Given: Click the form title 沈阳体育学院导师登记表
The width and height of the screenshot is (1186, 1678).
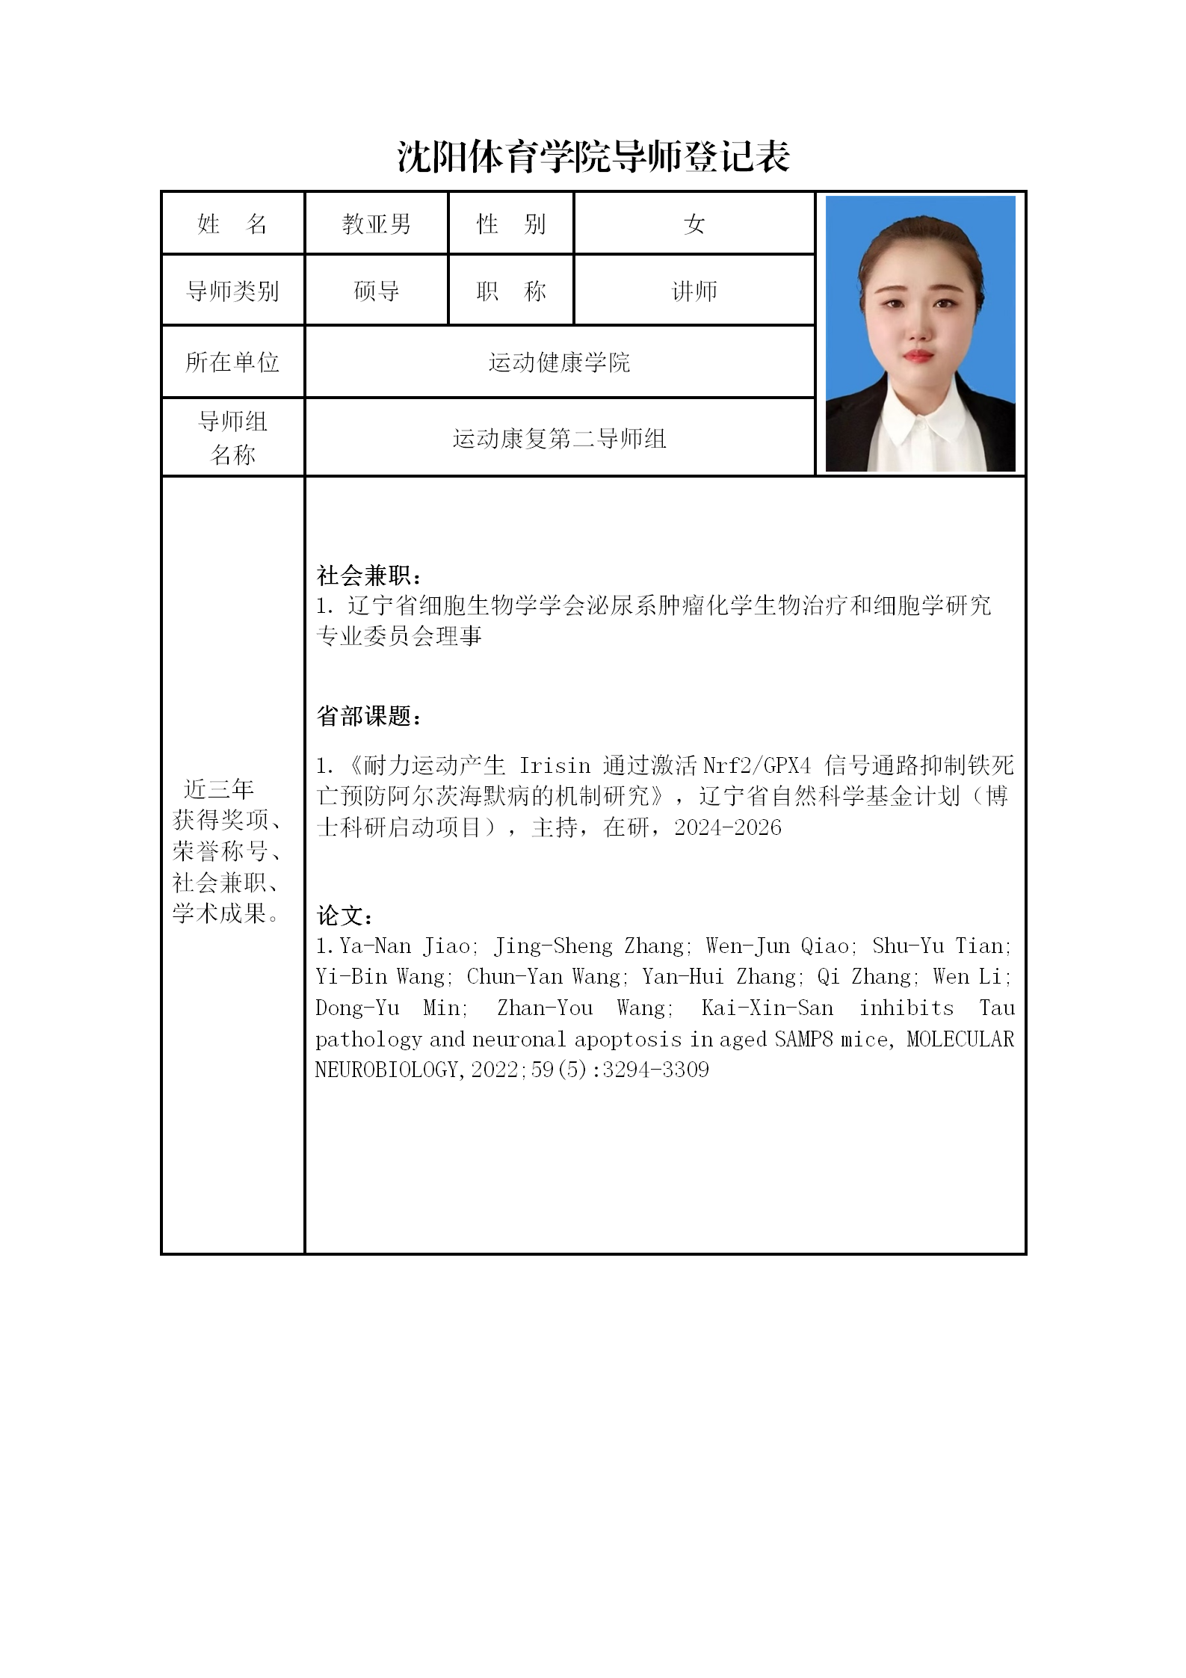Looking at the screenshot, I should tap(593, 157).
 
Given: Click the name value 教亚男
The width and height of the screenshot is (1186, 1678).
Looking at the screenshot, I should tap(376, 223).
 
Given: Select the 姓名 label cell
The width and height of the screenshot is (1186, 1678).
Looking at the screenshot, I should tap(232, 223).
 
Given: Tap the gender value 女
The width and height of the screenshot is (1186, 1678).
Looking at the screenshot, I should tap(694, 223).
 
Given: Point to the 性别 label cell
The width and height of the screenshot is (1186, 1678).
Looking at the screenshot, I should tap(511, 223).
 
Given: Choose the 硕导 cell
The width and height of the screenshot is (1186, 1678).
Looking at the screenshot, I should tap(376, 291).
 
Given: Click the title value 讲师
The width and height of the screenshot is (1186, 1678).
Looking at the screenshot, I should tap(694, 291).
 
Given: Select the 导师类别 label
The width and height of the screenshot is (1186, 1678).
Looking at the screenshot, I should tap(232, 291).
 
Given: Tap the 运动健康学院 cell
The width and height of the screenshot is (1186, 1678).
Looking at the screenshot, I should tap(559, 363).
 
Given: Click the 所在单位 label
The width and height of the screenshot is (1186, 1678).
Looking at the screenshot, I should tap(232, 363).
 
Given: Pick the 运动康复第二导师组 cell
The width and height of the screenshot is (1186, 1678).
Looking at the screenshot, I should tap(559, 438).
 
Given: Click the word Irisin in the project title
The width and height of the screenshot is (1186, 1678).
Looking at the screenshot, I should tap(555, 765).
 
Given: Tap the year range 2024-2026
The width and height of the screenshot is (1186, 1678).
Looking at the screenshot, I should tap(727, 827).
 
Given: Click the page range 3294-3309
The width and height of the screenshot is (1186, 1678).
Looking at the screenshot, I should tap(655, 1070).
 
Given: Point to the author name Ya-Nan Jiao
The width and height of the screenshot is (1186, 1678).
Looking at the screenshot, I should tap(404, 946).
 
